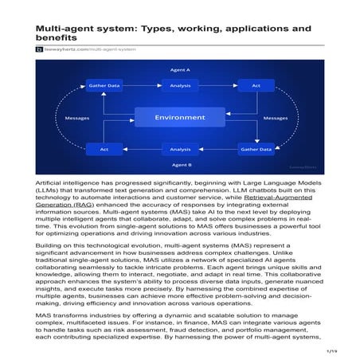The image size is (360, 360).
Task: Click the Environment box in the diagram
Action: point(178,118)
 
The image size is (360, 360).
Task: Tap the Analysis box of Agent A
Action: point(180,85)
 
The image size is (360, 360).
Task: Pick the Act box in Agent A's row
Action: point(256,85)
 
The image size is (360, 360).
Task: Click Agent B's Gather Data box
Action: point(256,149)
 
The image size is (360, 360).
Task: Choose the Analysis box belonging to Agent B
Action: point(180,149)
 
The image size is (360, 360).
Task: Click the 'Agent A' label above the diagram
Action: point(179,70)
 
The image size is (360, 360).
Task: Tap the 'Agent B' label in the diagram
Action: point(179,164)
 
